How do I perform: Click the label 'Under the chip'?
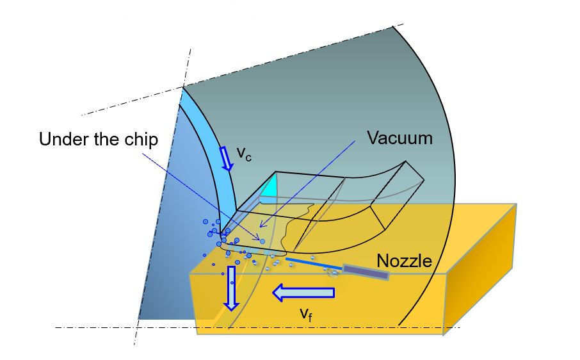[98, 139]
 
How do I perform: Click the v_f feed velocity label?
[307, 314]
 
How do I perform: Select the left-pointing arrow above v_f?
[303, 293]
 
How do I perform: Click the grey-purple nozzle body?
[366, 272]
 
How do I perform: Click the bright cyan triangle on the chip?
[270, 188]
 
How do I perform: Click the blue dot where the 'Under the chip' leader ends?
[262, 241]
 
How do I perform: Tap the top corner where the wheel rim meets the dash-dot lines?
[184, 86]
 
